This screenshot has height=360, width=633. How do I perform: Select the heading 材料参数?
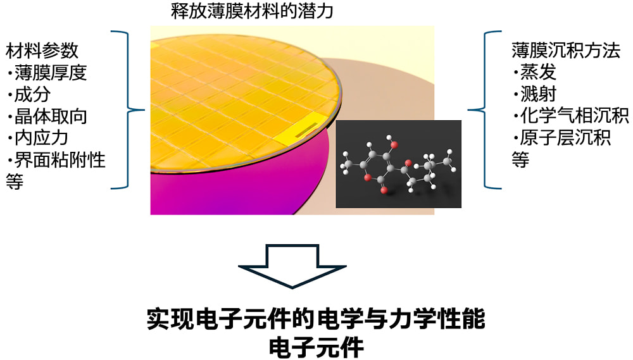click(42, 51)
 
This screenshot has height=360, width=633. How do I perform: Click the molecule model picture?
click(398, 164)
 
